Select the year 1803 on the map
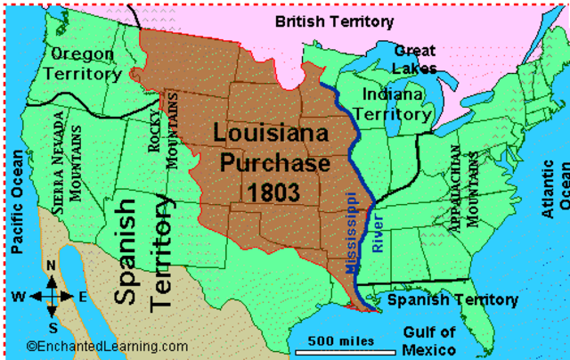269,191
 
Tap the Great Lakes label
415,59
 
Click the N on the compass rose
51,266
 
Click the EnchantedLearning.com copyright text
107,347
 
